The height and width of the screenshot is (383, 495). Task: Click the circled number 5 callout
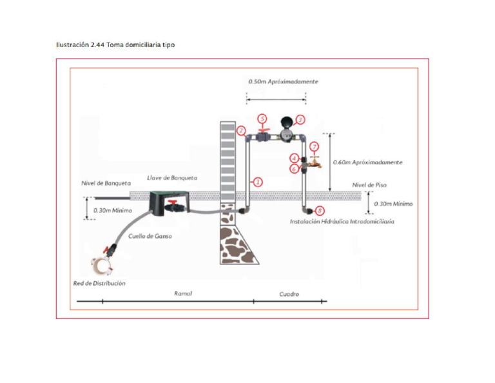click(x=262, y=119)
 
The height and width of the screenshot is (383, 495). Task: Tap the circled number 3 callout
click(x=300, y=120)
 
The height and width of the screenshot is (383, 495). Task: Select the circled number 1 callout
click(x=258, y=182)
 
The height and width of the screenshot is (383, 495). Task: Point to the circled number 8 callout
click(x=320, y=211)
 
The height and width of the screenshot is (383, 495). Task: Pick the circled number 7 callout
click(x=314, y=147)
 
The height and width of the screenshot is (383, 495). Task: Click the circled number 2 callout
click(x=241, y=131)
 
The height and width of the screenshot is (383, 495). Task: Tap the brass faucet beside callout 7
click(x=315, y=162)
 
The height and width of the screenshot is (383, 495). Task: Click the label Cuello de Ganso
click(x=150, y=236)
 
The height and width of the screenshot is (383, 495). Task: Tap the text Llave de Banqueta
click(x=172, y=178)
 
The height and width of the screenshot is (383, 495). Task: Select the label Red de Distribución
click(x=99, y=283)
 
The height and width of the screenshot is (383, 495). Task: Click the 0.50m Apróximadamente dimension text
click(x=283, y=81)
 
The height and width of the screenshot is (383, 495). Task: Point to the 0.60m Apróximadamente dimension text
click(x=368, y=162)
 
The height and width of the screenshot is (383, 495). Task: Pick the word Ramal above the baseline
click(x=183, y=293)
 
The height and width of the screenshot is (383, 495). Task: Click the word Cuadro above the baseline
click(x=289, y=294)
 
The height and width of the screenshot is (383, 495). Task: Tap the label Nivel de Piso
click(x=369, y=185)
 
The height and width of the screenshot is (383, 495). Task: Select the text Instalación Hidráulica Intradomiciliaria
click(x=342, y=221)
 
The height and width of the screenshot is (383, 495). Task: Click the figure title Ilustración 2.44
click(x=80, y=45)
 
